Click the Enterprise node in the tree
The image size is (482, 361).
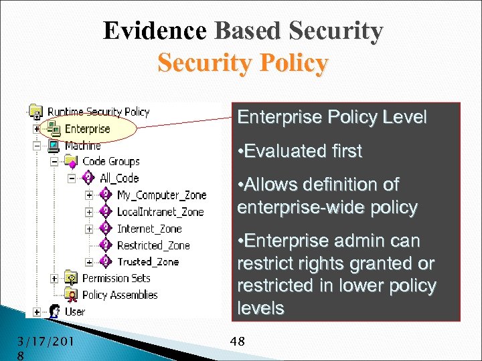tap(87, 129)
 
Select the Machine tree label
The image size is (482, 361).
tap(82, 146)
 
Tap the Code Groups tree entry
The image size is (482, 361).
tap(110, 162)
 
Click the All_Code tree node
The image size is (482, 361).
tap(118, 178)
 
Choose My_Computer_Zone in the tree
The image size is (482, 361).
tap(161, 195)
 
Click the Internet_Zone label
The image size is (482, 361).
tap(149, 229)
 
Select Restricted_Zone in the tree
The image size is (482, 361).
tap(153, 245)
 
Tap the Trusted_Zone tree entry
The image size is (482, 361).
tap(147, 261)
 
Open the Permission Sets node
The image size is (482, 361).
tap(116, 278)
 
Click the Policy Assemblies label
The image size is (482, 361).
tap(119, 295)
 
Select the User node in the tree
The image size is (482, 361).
tap(74, 312)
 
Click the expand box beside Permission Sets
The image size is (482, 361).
tap(54, 278)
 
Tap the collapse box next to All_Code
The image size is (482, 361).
tap(71, 178)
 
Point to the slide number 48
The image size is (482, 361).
tap(237, 342)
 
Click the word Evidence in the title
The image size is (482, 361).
tap(155, 31)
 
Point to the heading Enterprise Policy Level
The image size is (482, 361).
tap(331, 118)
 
